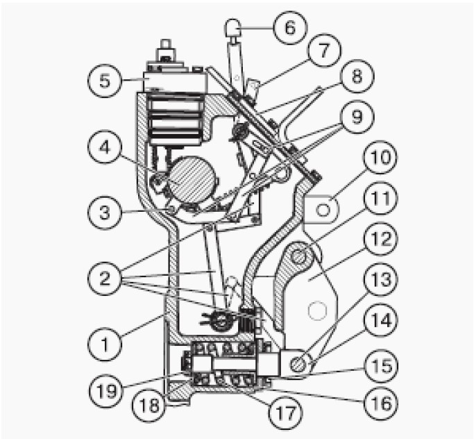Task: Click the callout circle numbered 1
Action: pos(105,344)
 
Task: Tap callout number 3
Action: pos(105,212)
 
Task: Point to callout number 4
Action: pos(105,147)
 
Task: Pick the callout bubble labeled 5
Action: pos(105,81)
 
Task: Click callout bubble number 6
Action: pos(290,28)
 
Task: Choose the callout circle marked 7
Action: pos(324,50)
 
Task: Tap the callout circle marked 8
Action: pos(357,76)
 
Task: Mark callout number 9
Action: pos(357,117)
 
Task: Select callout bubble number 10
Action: pos(380,157)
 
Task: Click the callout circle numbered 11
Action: pos(380,198)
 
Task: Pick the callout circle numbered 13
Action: pos(380,279)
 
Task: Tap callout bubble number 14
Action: pos(380,320)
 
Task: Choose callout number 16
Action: pos(380,404)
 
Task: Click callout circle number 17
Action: pos(286,413)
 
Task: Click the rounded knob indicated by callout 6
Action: pos(233,27)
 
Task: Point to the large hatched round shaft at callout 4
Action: pos(192,180)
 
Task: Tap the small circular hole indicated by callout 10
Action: pos(323,210)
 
